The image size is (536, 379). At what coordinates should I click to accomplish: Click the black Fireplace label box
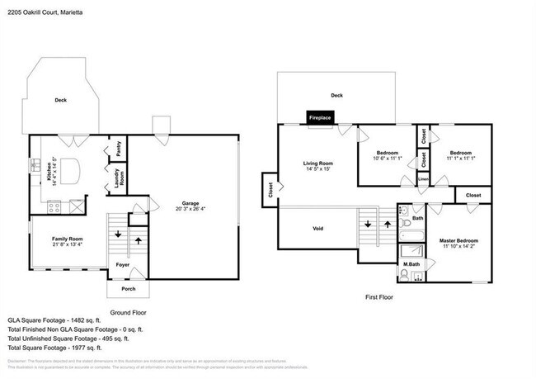(x=319, y=118)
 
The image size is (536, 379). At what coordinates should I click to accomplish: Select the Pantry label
(x=119, y=149)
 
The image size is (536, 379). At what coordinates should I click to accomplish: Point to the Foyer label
(x=122, y=266)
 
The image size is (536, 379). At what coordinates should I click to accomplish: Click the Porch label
(x=128, y=288)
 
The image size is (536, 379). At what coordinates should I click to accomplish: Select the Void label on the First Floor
(x=317, y=229)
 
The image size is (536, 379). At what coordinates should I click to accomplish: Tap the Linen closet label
(x=423, y=178)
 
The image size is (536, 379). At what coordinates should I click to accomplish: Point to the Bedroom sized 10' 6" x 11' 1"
(x=388, y=156)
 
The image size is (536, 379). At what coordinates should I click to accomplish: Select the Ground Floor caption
(x=131, y=313)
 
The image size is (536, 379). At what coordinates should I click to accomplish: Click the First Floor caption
(x=383, y=296)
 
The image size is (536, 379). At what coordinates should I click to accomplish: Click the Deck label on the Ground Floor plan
(x=61, y=100)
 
